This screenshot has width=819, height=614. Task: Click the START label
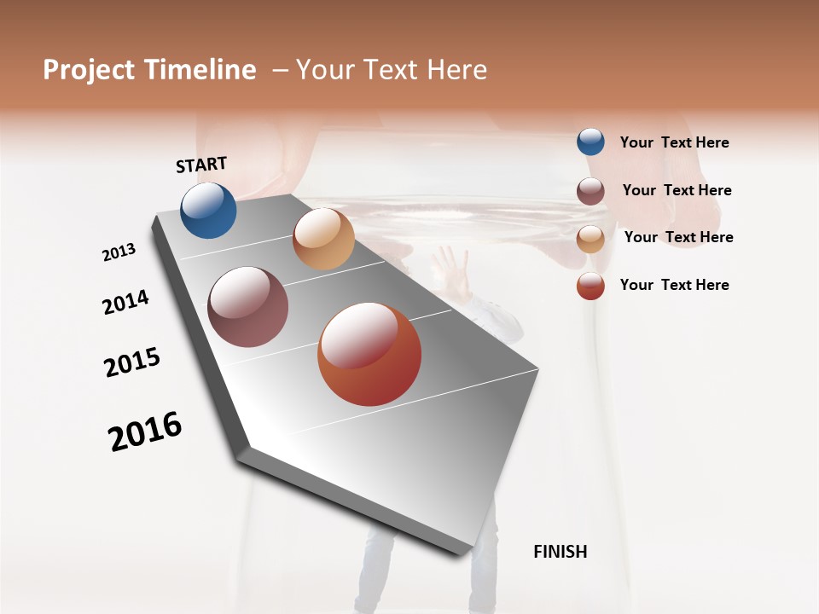201,165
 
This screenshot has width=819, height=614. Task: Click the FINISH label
561,552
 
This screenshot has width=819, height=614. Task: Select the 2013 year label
119,252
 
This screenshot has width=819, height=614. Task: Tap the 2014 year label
125,302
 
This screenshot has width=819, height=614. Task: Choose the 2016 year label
145,432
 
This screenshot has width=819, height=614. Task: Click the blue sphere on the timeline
208,211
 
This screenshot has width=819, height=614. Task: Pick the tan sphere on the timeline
323,239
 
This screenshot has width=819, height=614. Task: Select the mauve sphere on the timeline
247,307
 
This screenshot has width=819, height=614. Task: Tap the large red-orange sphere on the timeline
369,355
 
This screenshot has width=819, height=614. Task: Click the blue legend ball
590,142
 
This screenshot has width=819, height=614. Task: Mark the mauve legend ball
590,191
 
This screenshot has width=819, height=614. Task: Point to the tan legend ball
590,238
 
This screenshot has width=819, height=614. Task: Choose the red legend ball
590,286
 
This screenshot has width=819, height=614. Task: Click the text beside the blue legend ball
674,142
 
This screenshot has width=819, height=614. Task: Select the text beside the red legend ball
674,285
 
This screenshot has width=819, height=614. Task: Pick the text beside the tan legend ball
678,237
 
